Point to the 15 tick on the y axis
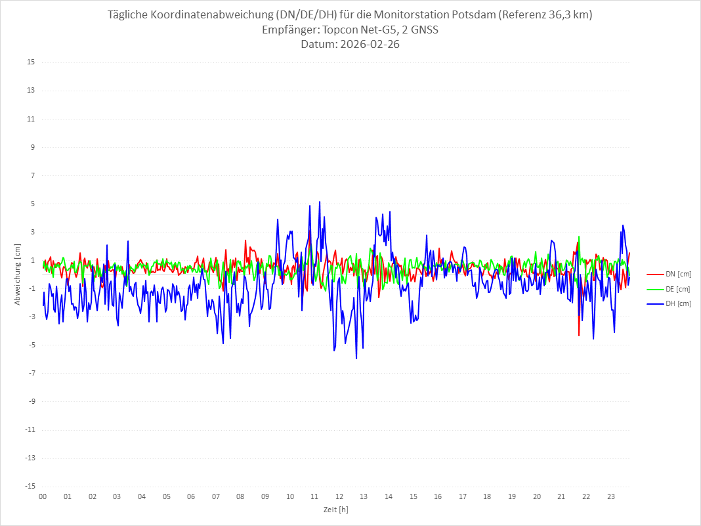tap(31, 62)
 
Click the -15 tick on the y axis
tap(30, 486)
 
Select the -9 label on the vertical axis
tap(31, 401)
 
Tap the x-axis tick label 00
tap(43, 496)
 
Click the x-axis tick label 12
tap(339, 496)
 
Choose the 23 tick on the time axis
tap(611, 496)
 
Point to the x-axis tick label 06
tap(191, 496)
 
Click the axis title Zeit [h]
tap(335, 510)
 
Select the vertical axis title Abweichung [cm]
tap(18, 274)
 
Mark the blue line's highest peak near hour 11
tap(320, 202)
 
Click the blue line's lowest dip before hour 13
tap(356, 358)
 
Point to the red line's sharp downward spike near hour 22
tap(579, 335)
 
